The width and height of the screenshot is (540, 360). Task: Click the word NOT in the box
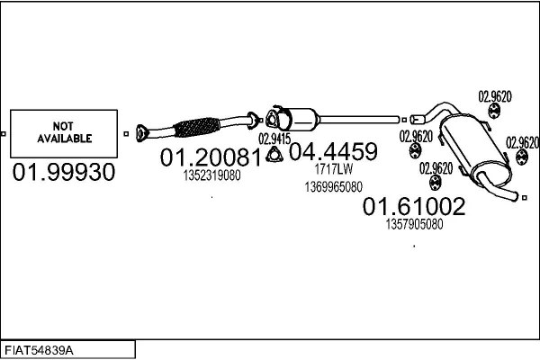pos(64,127)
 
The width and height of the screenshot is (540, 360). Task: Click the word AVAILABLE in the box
pos(64,139)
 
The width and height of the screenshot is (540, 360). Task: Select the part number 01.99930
pos(64,173)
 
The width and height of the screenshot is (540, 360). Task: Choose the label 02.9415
pos(274,139)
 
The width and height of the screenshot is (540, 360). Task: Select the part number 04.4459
pos(332,151)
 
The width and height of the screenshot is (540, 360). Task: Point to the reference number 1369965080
pos(333,186)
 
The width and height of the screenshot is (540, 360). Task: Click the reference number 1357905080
pos(414,225)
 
